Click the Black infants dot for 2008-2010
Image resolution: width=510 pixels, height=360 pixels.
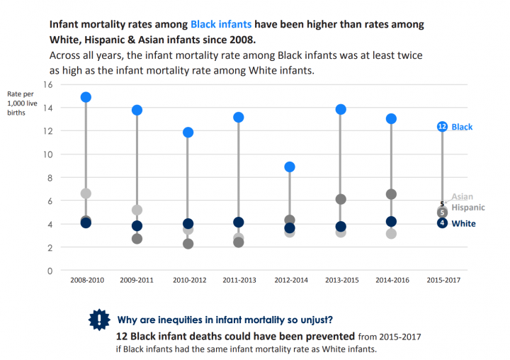pyautogui.click(x=86, y=97)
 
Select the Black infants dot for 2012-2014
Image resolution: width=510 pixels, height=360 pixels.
pyautogui.click(x=290, y=167)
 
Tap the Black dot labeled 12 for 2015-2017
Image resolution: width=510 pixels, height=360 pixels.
pyautogui.click(x=442, y=126)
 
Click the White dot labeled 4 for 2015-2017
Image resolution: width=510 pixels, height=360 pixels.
pyautogui.click(x=442, y=223)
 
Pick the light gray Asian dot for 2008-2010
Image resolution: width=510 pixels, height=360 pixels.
pyautogui.click(x=86, y=193)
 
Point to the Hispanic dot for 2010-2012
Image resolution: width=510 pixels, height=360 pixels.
pyautogui.click(x=188, y=244)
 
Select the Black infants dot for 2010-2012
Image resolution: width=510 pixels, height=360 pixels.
pyautogui.click(x=188, y=133)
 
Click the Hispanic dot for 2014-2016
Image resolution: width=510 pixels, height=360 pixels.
pyautogui.click(x=391, y=194)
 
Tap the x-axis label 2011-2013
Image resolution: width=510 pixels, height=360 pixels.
pyautogui.click(x=239, y=280)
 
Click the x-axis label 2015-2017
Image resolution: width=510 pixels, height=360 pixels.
pyautogui.click(x=443, y=280)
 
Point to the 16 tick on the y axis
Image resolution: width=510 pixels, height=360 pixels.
pyautogui.click(x=48, y=84)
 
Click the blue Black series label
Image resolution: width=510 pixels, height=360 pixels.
pyautogui.click(x=462, y=127)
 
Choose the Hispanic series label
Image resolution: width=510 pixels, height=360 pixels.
pyautogui.click(x=468, y=208)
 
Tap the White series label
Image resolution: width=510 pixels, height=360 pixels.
pyautogui.click(x=463, y=224)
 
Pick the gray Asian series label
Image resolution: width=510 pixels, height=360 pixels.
pyautogui.click(x=462, y=197)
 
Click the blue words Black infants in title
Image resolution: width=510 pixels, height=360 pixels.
pyautogui.click(x=220, y=24)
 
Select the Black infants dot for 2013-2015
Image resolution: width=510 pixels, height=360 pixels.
pyautogui.click(x=340, y=109)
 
